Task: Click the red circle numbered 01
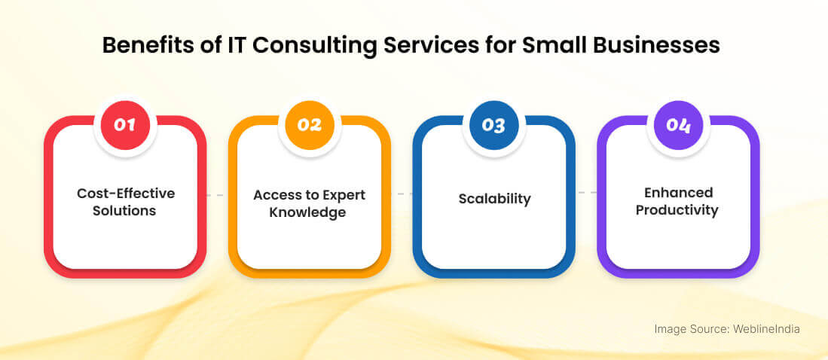coord(124,124)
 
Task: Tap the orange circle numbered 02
coord(309,124)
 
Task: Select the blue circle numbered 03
coord(493,124)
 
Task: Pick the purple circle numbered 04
coord(678,124)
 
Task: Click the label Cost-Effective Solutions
coord(125,202)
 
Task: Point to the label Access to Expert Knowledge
coord(309,203)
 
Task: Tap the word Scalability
coord(494,199)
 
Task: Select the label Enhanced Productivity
coord(677,201)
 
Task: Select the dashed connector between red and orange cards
coord(217,195)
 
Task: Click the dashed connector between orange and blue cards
coord(402,194)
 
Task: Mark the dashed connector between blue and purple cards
coord(586,194)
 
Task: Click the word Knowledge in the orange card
coord(310,212)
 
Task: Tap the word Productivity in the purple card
coord(677,210)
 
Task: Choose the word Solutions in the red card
coord(124,211)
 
